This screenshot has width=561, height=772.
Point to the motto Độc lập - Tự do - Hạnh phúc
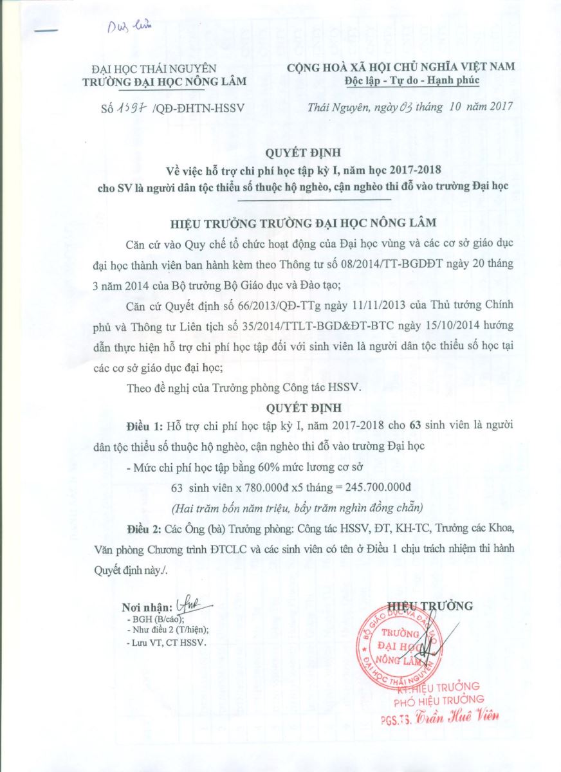[x=403, y=80]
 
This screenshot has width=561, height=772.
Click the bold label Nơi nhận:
[x=147, y=608]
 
